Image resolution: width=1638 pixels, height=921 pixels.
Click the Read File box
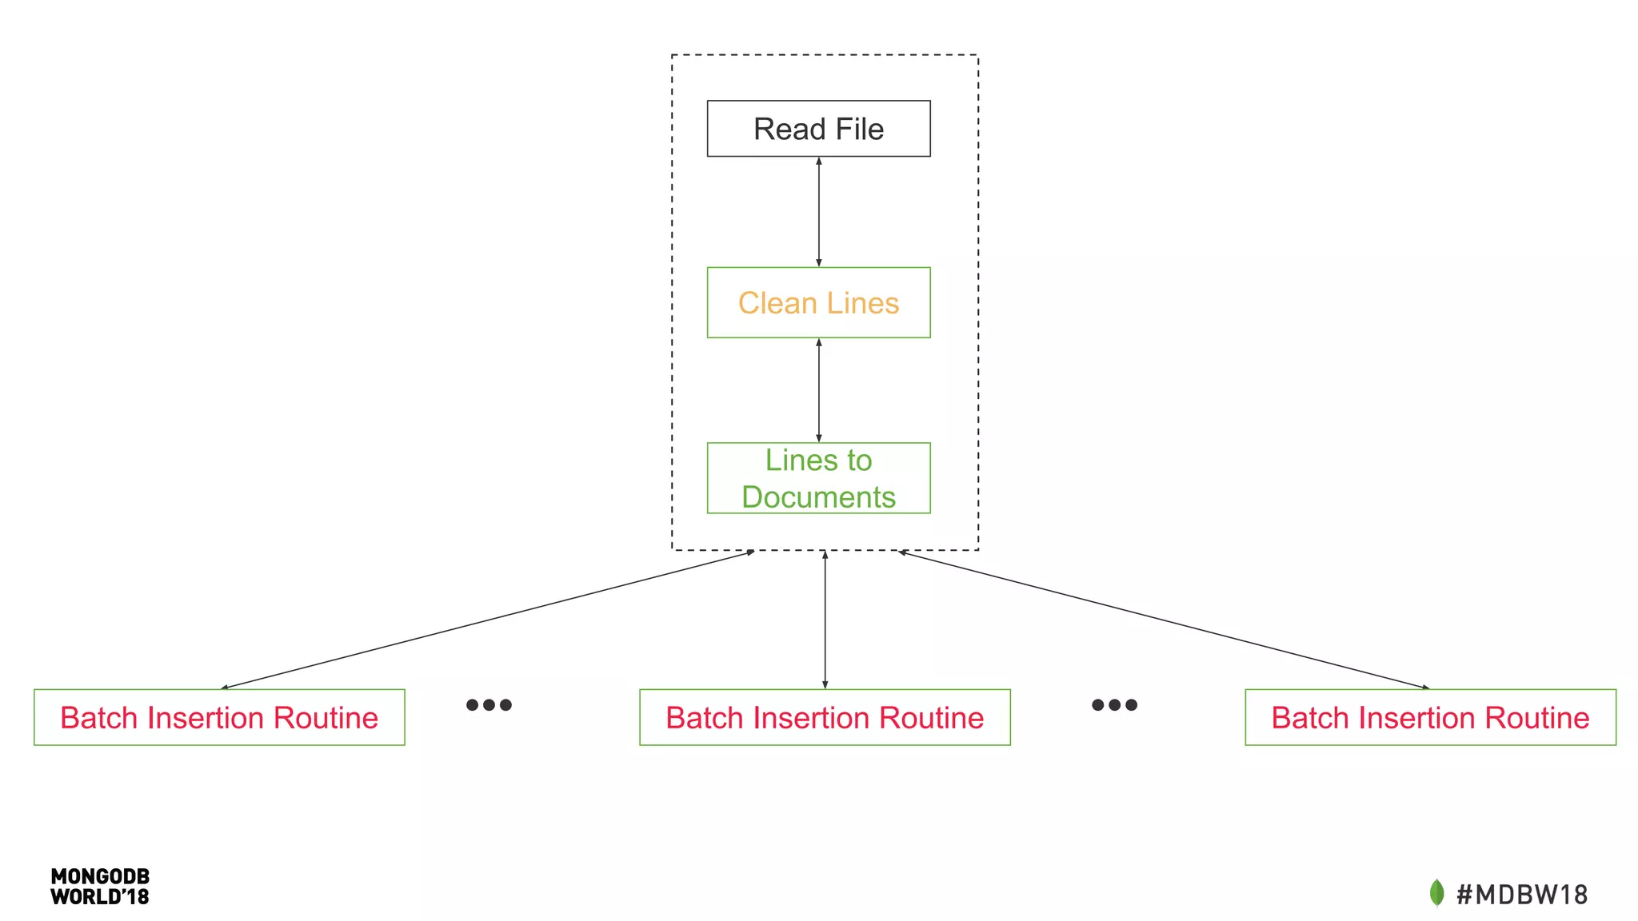818,128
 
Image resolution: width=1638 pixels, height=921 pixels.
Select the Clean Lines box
818,302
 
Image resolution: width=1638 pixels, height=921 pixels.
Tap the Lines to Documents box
818,477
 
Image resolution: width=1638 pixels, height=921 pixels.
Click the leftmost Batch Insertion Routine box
219,717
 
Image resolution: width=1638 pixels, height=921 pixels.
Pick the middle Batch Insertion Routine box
825,717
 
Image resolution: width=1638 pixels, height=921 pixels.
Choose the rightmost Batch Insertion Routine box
1430,717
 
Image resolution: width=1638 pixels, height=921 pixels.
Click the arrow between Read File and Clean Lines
818,212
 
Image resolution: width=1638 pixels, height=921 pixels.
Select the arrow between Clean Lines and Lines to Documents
818,390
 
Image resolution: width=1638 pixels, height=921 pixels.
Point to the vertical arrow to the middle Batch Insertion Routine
825,620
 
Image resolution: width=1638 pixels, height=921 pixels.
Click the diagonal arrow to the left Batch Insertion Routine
488,620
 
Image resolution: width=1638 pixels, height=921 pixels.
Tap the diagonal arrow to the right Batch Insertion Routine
1164,620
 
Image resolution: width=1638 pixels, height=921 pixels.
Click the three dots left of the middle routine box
489,704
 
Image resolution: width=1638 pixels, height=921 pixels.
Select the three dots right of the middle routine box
1114,704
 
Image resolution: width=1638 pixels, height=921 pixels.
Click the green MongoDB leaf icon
1436,892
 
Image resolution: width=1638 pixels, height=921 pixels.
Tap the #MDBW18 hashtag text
1521,894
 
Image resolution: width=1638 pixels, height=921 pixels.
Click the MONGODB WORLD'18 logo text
100,887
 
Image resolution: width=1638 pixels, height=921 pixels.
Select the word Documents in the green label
818,496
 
